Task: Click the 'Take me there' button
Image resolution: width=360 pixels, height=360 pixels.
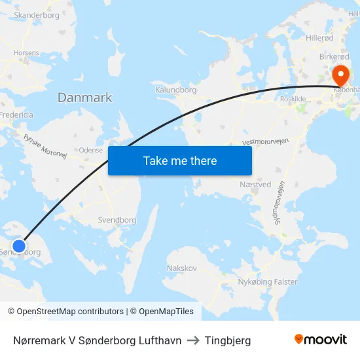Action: [x=180, y=160]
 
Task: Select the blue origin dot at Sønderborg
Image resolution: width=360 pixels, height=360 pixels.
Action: [x=19, y=245]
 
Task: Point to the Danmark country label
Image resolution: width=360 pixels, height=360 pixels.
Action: [x=84, y=98]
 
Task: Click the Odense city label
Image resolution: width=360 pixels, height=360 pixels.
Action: [x=90, y=150]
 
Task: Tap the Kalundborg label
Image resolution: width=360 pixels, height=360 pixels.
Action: [x=176, y=90]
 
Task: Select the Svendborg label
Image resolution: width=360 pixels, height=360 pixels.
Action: [x=117, y=220]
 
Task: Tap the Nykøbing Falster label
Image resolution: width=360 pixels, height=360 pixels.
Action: [x=267, y=282]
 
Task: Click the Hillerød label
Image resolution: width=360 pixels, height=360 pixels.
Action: [x=319, y=38]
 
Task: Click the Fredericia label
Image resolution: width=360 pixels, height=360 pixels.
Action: [x=17, y=115]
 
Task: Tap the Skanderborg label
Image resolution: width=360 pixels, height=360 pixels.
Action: [x=36, y=14]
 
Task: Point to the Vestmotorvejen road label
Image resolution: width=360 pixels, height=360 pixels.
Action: [x=266, y=141]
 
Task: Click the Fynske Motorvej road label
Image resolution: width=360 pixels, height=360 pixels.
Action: [x=45, y=147]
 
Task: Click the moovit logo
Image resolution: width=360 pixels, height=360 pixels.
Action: [x=321, y=340]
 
